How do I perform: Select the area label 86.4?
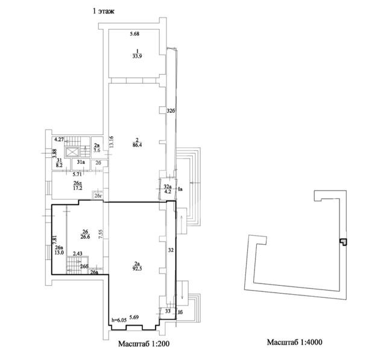click(x=137, y=145)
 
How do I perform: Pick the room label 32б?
click(x=171, y=111)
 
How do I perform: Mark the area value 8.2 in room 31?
click(x=60, y=163)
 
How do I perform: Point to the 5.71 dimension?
click(x=69, y=174)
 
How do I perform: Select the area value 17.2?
click(x=77, y=188)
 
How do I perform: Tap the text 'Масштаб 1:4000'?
click(x=295, y=343)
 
